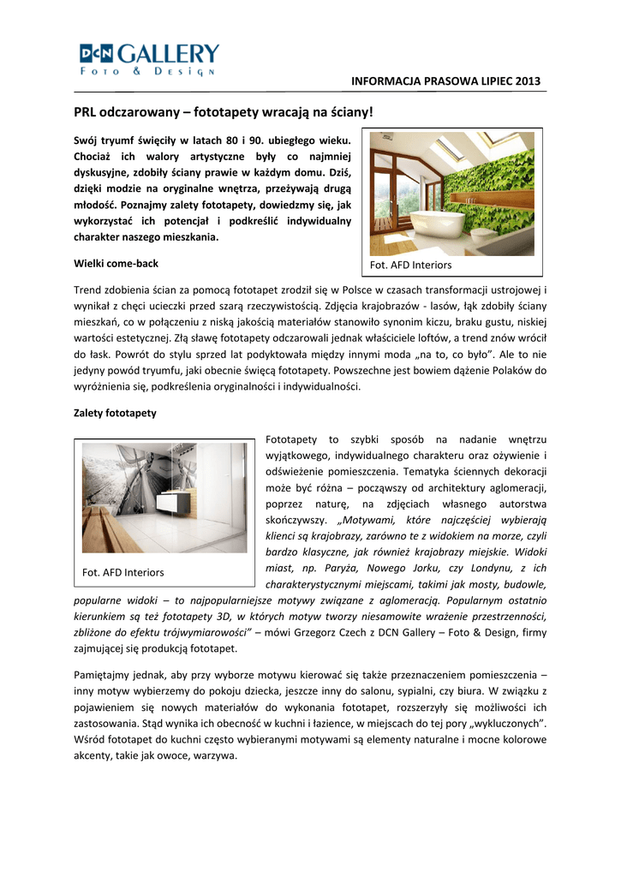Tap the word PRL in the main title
pos(85,112)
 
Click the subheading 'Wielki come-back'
pos(116,263)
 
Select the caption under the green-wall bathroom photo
pos(410,265)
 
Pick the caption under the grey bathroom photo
pos(123,572)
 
